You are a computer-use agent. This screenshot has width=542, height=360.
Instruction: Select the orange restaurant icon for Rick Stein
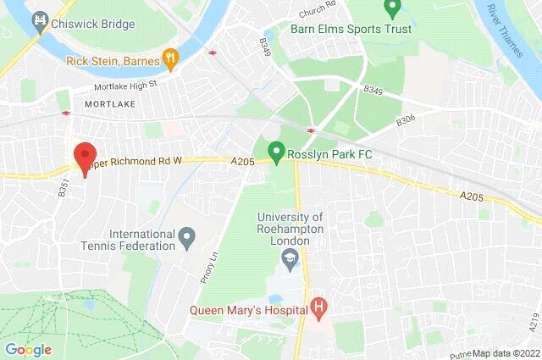[x=172, y=58]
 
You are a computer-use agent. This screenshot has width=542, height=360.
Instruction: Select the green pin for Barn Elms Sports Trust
[x=391, y=9]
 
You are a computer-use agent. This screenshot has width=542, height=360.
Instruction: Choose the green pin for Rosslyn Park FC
[x=275, y=152]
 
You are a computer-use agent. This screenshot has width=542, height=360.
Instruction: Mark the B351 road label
[x=64, y=187]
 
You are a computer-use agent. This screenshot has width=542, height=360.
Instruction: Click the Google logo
[x=29, y=349]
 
